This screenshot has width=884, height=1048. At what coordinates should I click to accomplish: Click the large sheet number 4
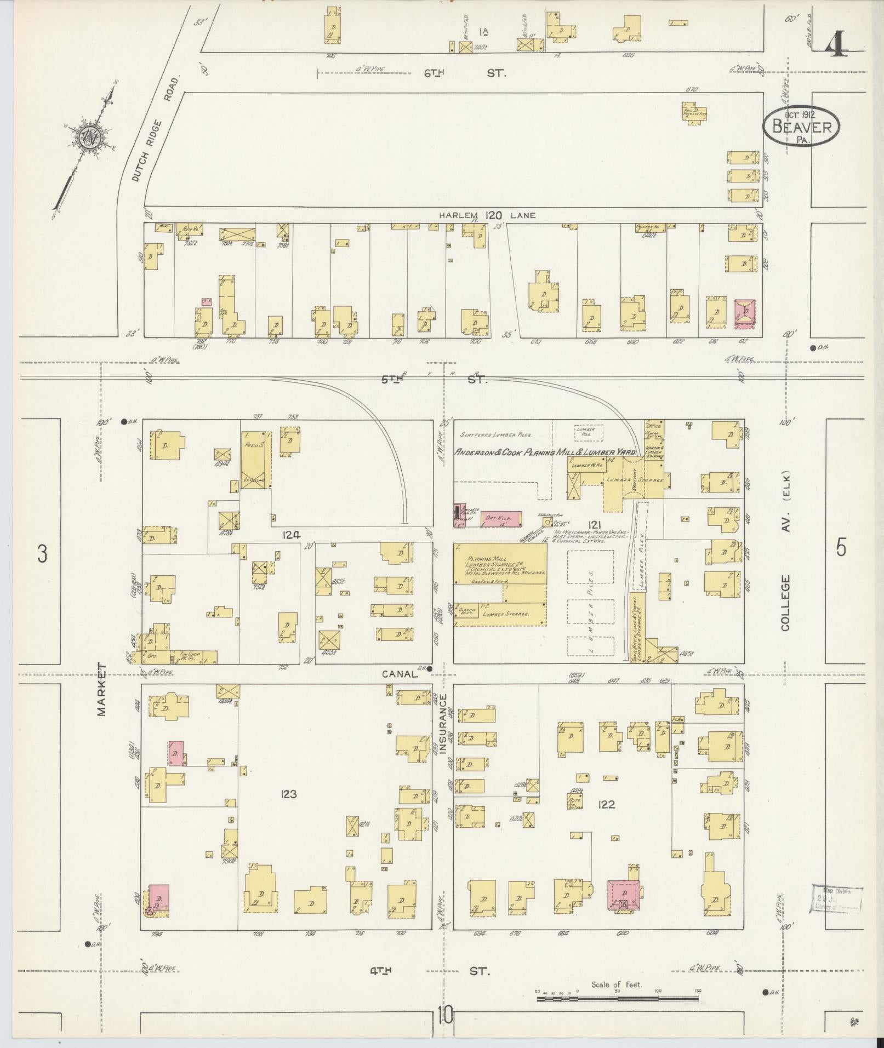(837, 44)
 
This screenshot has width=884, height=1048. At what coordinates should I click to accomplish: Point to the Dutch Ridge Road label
(155, 129)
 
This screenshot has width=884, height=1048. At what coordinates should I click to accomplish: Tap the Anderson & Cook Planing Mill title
(545, 453)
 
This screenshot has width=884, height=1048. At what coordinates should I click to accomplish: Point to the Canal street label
(400, 674)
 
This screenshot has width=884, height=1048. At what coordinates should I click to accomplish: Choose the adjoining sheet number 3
(42, 554)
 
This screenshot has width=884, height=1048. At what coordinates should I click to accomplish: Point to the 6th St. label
(466, 72)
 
